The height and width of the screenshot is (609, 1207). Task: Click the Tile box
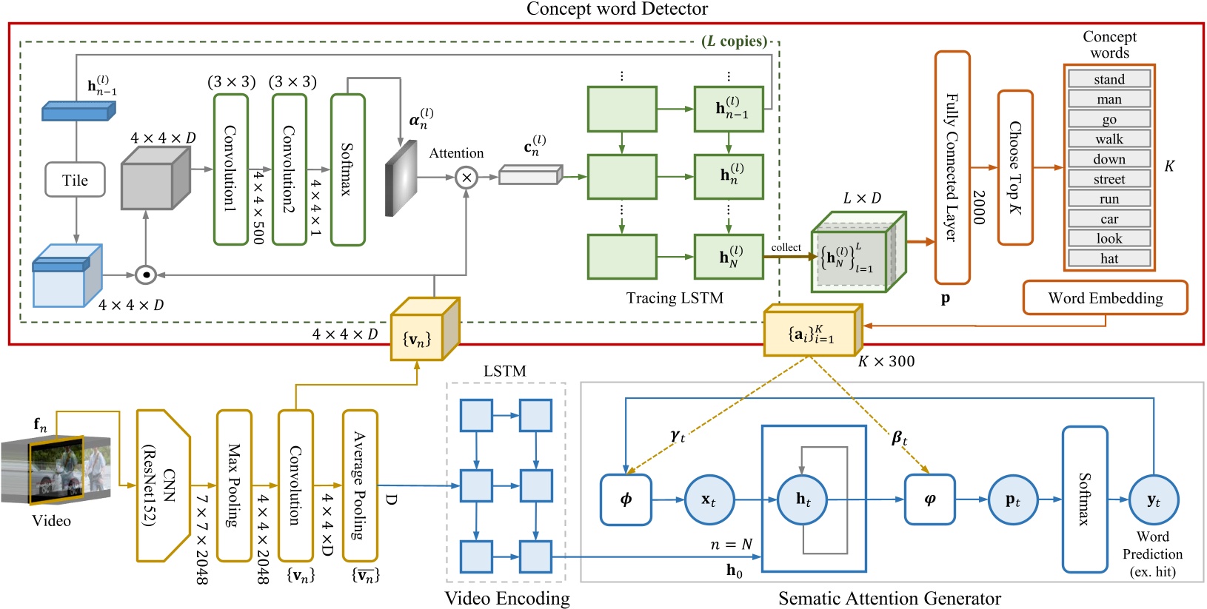coord(75,180)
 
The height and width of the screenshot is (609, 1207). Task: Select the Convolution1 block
coord(230,169)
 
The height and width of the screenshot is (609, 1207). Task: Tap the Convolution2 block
coord(289,169)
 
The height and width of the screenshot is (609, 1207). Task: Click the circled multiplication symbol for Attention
coord(467,178)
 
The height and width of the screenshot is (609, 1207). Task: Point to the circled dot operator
coord(146,275)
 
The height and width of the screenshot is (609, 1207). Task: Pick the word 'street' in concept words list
coord(1109,179)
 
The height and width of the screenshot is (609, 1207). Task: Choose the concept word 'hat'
coord(1109,258)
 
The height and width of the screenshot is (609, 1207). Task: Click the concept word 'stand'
coord(1109,79)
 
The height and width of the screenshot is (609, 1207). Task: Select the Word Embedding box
coord(1105,297)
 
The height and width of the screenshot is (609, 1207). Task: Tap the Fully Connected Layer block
coord(952,167)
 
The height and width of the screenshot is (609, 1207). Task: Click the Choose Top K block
coord(1015,168)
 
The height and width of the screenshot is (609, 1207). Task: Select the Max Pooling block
coord(234,485)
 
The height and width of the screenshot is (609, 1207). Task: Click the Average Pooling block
coord(360,485)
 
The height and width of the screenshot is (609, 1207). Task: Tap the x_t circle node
coord(709,500)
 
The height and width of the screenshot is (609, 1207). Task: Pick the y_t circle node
coord(1153,500)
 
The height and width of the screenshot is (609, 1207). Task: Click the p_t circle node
coord(1012,500)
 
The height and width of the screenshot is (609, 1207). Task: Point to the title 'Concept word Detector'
coord(616,9)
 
